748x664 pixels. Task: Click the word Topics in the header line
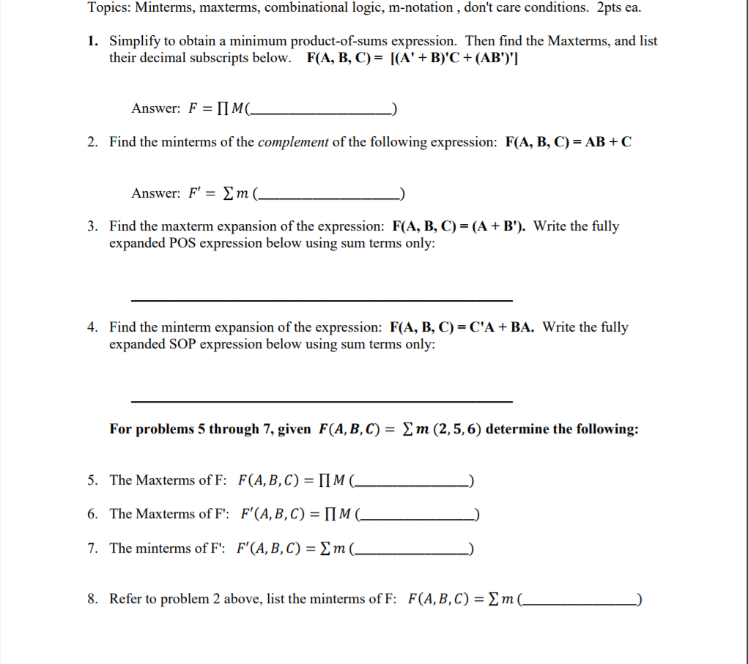tap(108, 8)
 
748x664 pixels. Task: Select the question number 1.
tap(92, 41)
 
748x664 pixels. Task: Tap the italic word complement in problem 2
tap(293, 142)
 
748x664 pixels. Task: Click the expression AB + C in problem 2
tap(603, 142)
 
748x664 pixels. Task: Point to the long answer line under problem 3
tap(322, 300)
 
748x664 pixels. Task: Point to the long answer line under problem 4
tap(322, 401)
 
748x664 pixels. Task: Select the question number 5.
tap(92, 480)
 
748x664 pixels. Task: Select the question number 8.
tap(92, 599)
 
